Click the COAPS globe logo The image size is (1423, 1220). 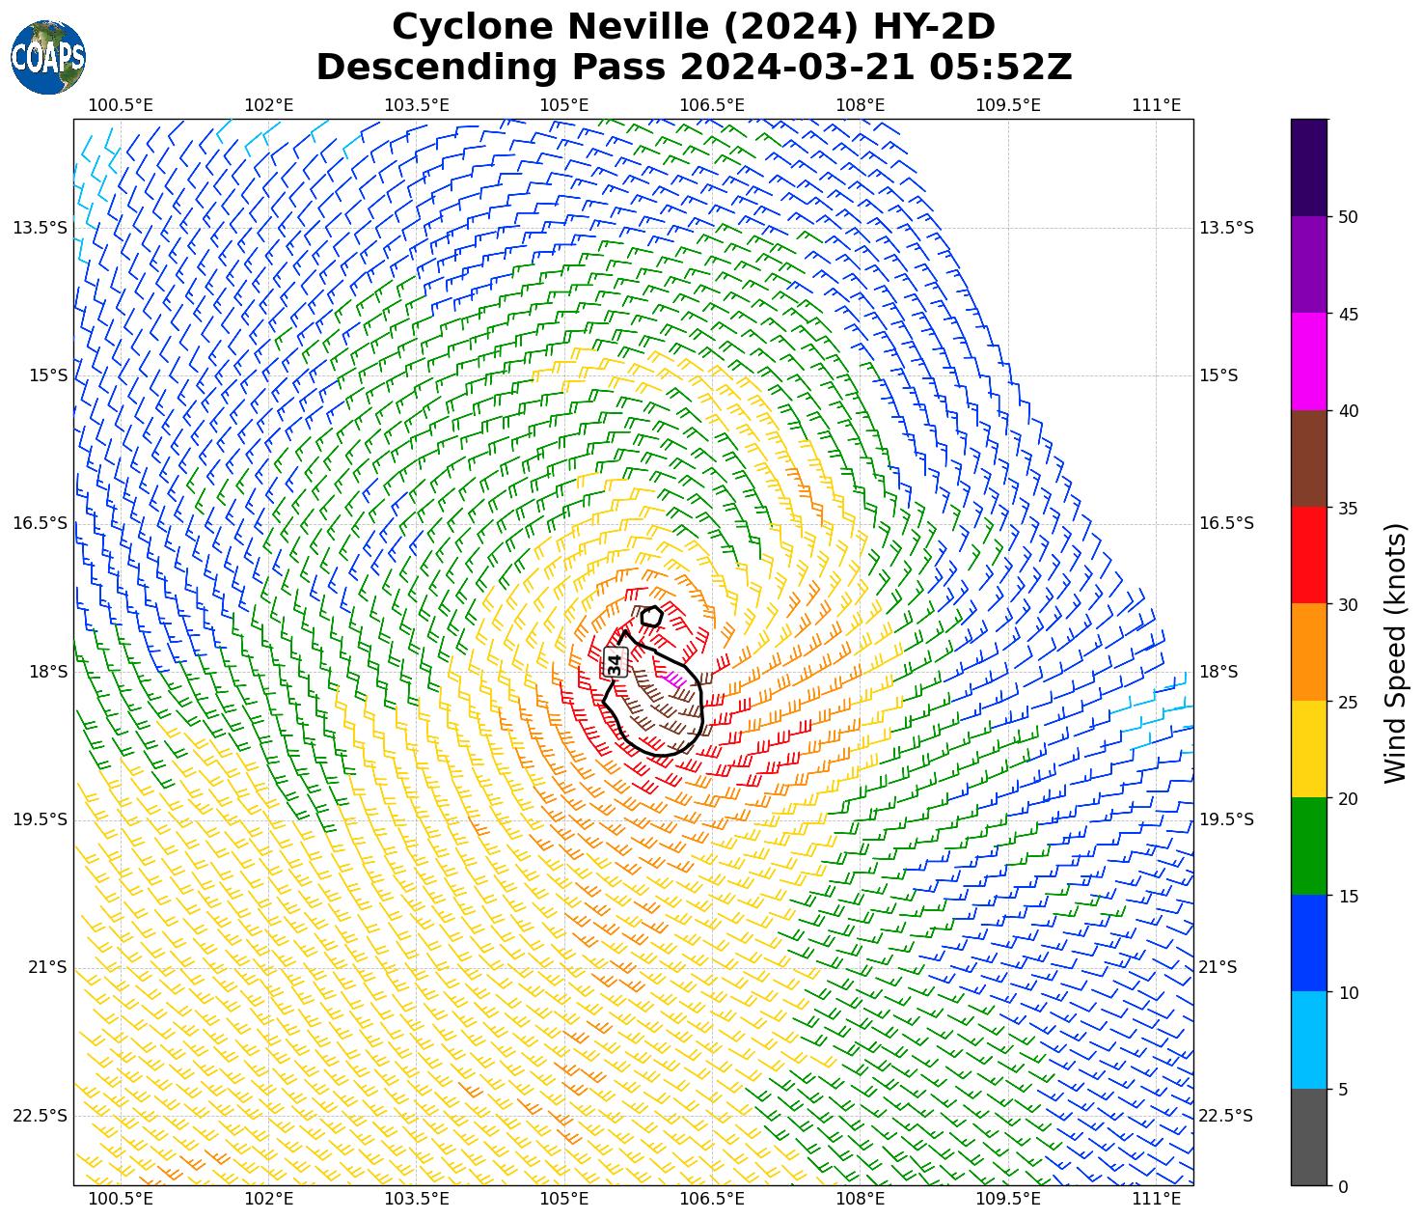tap(48, 58)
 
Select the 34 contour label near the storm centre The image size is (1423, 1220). tap(615, 663)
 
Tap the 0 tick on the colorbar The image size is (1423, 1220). tap(1343, 1186)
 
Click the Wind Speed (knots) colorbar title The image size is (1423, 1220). tap(1395, 652)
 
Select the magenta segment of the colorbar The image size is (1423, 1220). tap(1309, 362)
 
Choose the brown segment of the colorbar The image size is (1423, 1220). tap(1309, 458)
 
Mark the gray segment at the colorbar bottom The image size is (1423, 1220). tap(1309, 1137)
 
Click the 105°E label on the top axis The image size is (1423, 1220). tap(564, 104)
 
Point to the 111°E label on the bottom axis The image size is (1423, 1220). tap(1156, 1199)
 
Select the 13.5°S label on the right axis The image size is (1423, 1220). tap(1226, 228)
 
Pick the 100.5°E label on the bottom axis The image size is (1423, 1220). tap(121, 1199)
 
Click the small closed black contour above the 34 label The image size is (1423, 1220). tap(652, 616)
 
